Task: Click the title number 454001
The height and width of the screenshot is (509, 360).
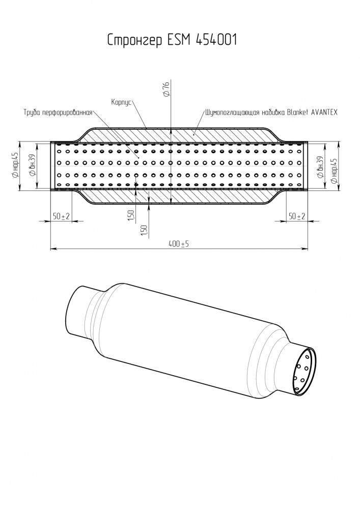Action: coord(216,40)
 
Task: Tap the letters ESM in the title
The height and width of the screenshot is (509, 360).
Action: coord(179,40)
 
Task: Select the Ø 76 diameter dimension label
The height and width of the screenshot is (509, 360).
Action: coord(167,89)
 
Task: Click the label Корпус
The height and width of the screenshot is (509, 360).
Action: coord(121,102)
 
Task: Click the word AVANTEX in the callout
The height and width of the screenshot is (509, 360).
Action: coord(324,112)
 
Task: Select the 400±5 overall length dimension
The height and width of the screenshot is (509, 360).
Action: coord(179,244)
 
